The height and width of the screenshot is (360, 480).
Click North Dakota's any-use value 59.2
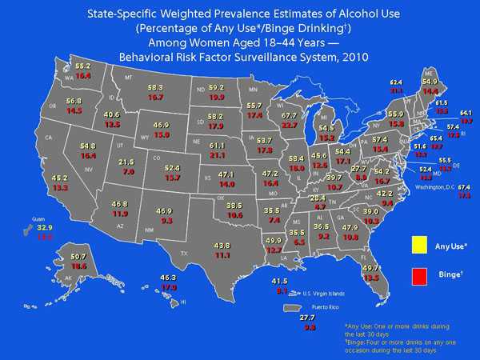coord(217,87)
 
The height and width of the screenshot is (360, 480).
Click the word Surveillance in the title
coord(276,58)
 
